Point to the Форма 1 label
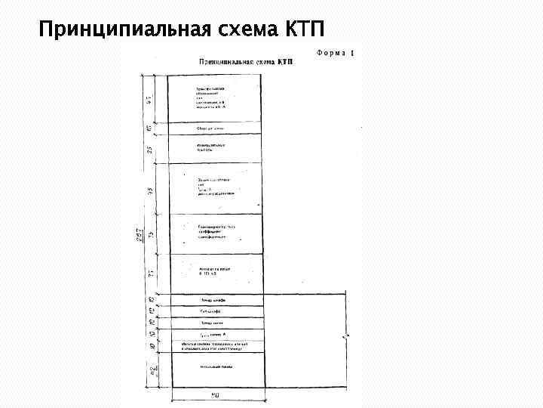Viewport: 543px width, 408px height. pos(336,54)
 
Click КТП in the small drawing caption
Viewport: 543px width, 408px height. pos(284,62)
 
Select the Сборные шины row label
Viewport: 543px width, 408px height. pos(206,128)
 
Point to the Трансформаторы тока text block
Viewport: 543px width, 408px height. pos(217,231)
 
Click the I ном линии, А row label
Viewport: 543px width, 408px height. pos(210,333)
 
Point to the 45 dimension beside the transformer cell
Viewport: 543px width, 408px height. pos(149,99)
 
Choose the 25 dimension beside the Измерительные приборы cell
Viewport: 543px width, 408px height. pos(149,149)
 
